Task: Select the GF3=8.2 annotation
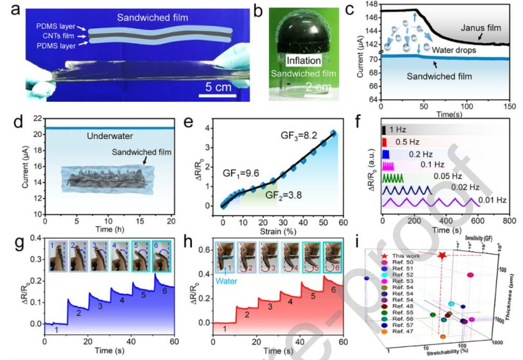pyautogui.click(x=303, y=136)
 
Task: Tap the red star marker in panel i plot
pyautogui.click(x=441, y=255)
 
